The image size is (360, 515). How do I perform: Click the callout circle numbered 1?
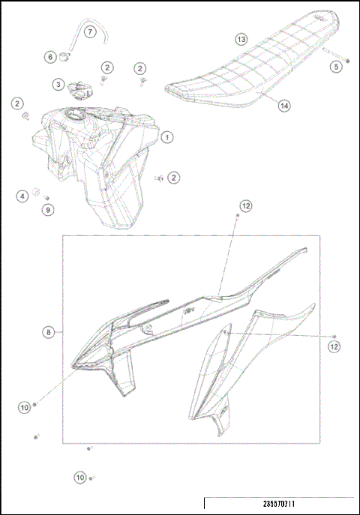(x=166, y=137)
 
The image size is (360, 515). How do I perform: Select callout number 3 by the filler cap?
(x=58, y=85)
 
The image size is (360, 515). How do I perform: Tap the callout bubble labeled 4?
(x=23, y=196)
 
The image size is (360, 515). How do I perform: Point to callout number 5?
(x=336, y=66)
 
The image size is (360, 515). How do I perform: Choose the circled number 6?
(x=50, y=57)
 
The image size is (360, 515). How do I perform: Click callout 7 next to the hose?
(x=88, y=32)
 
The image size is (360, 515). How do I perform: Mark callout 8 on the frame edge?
(x=49, y=331)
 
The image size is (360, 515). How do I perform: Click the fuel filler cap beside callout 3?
(x=77, y=89)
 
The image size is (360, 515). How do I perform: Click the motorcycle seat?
(x=240, y=71)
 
